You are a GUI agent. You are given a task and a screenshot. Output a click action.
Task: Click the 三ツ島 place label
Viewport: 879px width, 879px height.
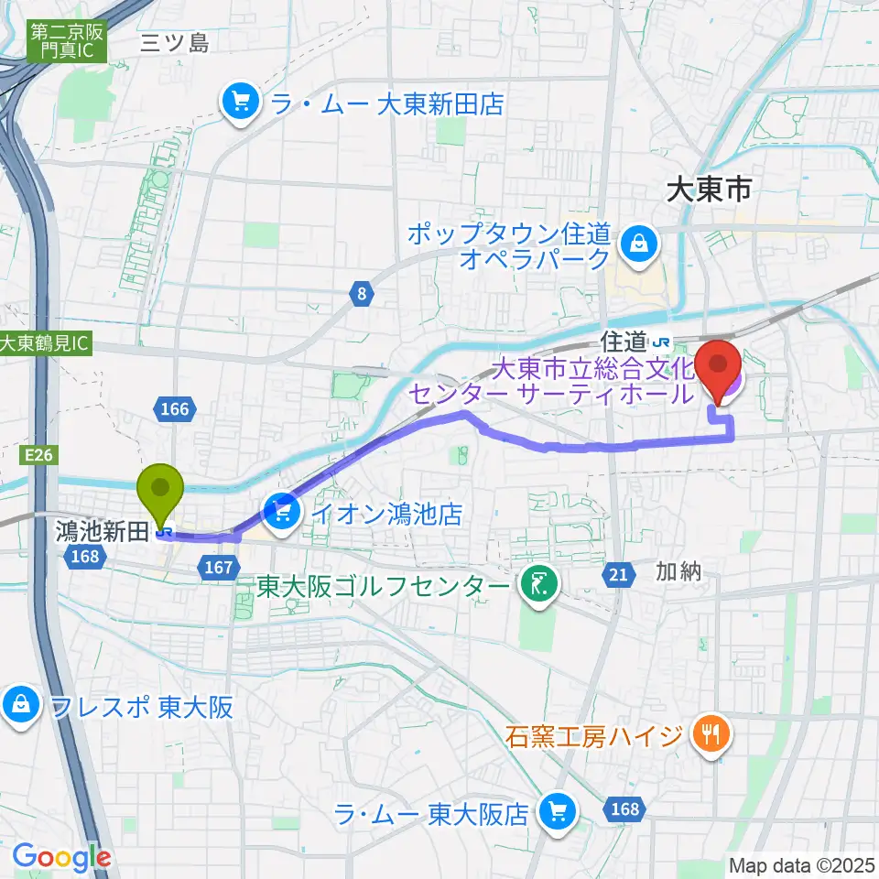point(176,43)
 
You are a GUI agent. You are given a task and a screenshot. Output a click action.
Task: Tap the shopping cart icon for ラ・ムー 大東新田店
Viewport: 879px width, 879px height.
point(241,103)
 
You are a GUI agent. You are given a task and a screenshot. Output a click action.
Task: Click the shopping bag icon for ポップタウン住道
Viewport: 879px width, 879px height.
point(635,244)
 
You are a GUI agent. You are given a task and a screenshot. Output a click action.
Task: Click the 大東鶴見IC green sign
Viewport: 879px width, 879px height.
point(46,344)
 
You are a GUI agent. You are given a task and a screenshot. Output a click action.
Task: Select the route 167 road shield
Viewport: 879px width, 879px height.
point(219,569)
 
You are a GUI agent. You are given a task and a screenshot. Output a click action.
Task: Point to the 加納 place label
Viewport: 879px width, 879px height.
point(678,572)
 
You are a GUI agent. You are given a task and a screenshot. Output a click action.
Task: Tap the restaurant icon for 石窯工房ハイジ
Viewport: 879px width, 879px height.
point(711,735)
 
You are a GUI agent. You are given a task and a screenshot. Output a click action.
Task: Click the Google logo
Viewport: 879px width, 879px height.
point(61,857)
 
